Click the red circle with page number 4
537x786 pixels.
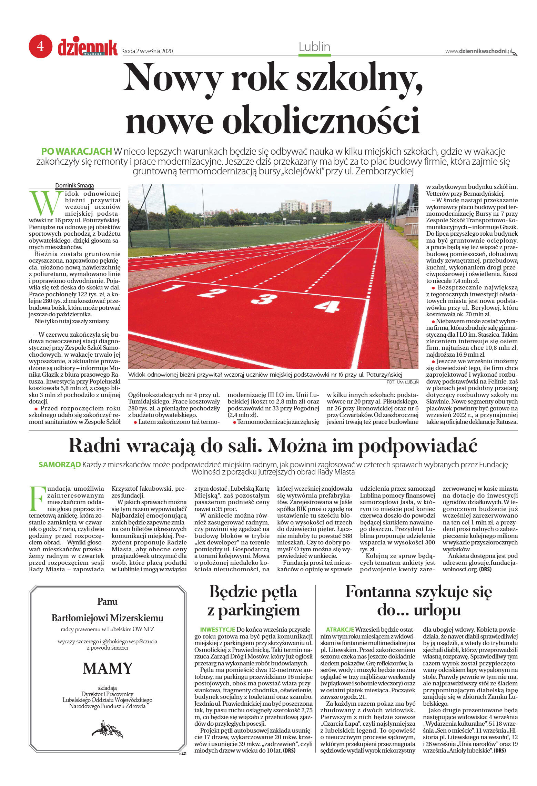pyautogui.click(x=40, y=46)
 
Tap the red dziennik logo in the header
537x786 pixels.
pyautogui.click(x=88, y=48)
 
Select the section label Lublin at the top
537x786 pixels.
pyautogui.click(x=314, y=47)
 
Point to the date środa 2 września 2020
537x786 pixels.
pyautogui.click(x=148, y=51)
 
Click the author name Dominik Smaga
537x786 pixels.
pyautogui.click(x=74, y=186)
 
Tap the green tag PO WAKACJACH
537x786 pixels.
pyautogui.click(x=77, y=151)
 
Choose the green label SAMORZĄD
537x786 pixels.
pyautogui.click(x=60, y=465)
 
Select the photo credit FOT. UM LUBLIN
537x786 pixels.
pyautogui.click(x=402, y=382)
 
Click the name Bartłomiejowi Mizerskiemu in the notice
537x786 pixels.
pyautogui.click(x=108, y=618)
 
